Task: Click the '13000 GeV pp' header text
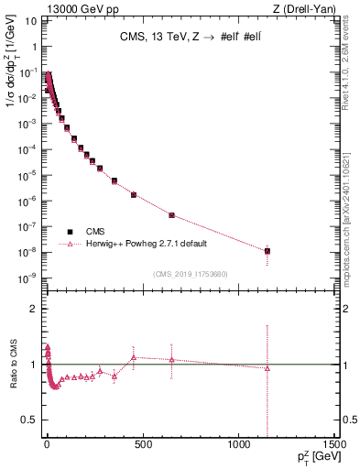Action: click(x=49, y=8)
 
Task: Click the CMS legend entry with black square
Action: click(x=97, y=232)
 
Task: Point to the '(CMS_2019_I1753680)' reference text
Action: click(x=191, y=272)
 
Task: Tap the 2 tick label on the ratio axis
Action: click(x=36, y=309)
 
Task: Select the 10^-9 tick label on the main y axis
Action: click(x=29, y=278)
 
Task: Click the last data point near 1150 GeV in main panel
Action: click(x=267, y=251)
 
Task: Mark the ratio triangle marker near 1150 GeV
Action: click(x=267, y=368)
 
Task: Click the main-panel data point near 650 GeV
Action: click(x=171, y=215)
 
